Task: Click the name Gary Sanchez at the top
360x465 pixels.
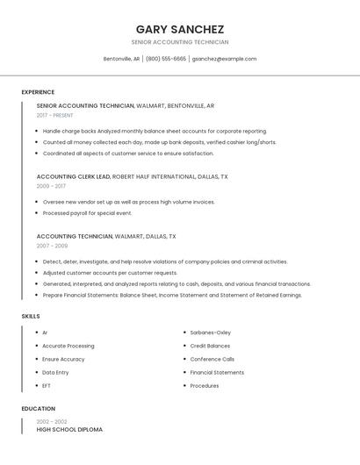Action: click(x=180, y=29)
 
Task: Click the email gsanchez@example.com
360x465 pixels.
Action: click(x=224, y=59)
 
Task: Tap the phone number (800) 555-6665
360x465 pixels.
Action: click(x=166, y=59)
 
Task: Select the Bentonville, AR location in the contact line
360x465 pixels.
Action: click(x=121, y=59)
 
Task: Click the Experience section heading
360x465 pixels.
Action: click(x=38, y=92)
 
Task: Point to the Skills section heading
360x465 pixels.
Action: click(x=31, y=316)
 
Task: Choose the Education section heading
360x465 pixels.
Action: click(x=39, y=409)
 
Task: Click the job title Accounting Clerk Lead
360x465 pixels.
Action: click(x=74, y=176)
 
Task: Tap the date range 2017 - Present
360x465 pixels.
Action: click(x=55, y=115)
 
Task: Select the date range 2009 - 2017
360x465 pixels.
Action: click(x=51, y=186)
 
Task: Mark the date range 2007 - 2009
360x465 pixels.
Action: click(x=52, y=246)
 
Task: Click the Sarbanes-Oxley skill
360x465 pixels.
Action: click(x=211, y=333)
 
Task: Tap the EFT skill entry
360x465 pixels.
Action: click(x=47, y=385)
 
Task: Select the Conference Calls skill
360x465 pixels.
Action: click(x=212, y=359)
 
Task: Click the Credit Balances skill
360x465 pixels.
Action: click(x=210, y=346)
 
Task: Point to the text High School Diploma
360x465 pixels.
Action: click(x=69, y=430)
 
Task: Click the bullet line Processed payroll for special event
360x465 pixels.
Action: click(x=87, y=213)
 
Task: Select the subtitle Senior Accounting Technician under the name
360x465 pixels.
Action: click(x=180, y=42)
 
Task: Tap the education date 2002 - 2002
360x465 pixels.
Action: click(x=51, y=422)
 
